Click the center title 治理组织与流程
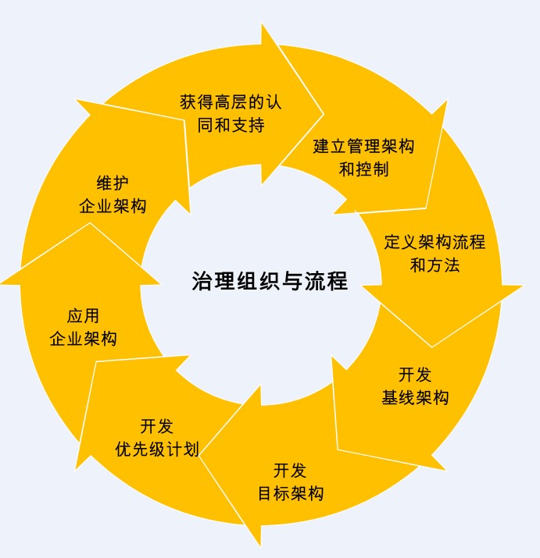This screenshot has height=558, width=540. [x=269, y=281]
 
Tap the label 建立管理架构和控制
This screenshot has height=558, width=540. [x=363, y=157]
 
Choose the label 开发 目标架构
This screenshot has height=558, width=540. [x=290, y=482]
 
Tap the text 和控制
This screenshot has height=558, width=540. [x=363, y=169]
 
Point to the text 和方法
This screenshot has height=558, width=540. [x=435, y=265]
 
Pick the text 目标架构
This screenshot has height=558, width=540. [x=290, y=494]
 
